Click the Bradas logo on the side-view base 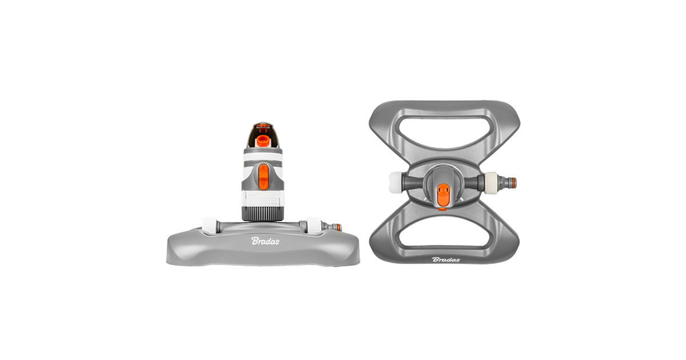(x=265, y=241)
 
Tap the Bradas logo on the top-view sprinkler (x=446, y=259)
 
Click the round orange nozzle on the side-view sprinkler (x=262, y=141)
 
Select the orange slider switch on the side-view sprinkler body (x=264, y=177)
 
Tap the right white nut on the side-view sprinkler (x=314, y=226)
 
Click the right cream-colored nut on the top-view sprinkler (x=491, y=183)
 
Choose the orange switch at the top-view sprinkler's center (x=443, y=194)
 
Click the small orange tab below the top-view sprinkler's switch (x=442, y=209)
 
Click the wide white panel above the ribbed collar (x=262, y=199)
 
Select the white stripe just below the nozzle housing (x=263, y=157)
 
